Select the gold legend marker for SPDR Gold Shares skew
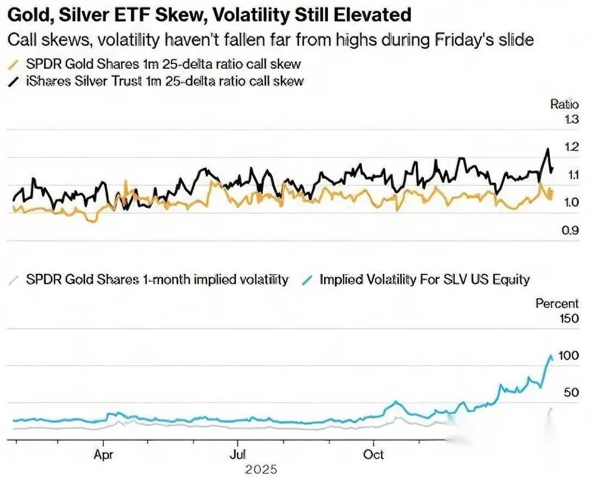tap(14, 64)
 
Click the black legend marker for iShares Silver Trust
tap(14, 81)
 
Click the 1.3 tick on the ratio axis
tap(571, 120)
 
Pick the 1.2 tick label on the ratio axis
tap(571, 147)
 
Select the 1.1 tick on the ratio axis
tap(571, 175)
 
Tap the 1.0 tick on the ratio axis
tap(571, 202)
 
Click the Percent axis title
tap(557, 304)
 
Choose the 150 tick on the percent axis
tap(568, 318)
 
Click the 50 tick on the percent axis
tap(571, 392)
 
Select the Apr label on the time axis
tap(103, 455)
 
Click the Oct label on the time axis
tap(374, 455)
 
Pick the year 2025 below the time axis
tap(261, 470)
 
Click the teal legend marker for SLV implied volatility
tap(308, 280)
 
